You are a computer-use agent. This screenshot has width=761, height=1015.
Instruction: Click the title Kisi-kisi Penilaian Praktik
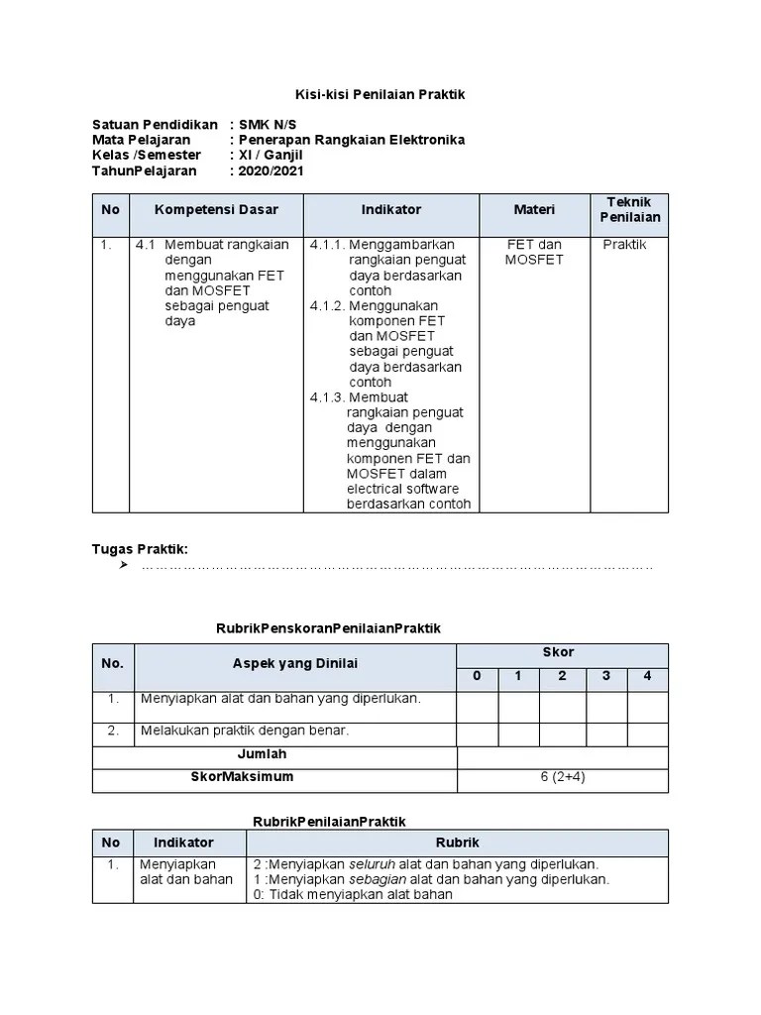[380, 94]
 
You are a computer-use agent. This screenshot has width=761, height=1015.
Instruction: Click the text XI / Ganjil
[271, 156]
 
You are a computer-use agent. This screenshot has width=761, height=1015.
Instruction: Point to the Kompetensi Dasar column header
[216, 210]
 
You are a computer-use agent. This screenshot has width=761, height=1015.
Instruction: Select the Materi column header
[534, 210]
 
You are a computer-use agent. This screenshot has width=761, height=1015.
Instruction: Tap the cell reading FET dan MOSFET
[534, 252]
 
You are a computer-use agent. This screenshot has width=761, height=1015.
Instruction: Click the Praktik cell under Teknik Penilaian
[624, 245]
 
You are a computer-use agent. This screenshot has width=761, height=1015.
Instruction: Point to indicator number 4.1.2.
[325, 306]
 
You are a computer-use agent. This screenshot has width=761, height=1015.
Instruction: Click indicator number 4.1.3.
[325, 397]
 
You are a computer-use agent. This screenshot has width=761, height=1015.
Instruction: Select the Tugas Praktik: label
[140, 549]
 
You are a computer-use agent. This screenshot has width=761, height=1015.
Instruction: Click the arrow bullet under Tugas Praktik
[124, 566]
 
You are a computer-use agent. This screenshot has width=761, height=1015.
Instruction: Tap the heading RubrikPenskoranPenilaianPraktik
[328, 628]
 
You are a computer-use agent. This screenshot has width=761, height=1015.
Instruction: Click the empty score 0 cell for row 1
[477, 707]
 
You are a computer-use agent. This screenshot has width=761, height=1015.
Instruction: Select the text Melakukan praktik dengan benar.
[245, 731]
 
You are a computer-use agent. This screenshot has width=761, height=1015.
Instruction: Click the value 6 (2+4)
[562, 777]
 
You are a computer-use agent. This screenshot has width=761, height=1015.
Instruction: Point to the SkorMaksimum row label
[243, 777]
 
